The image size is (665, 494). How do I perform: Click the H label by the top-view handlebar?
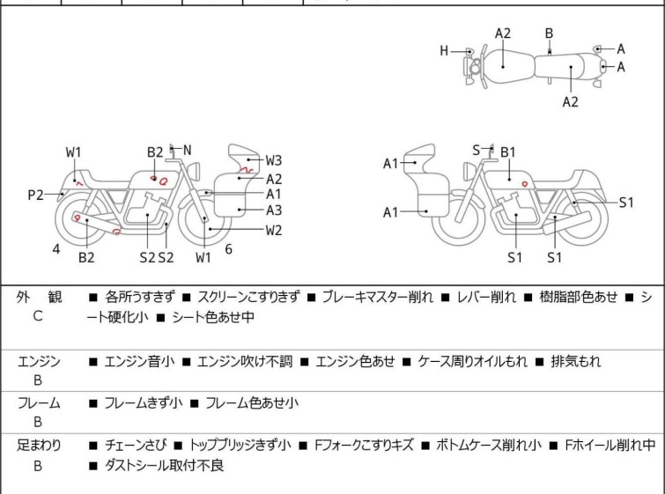pyautogui.click(x=445, y=51)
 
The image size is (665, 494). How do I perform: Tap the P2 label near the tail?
pyautogui.click(x=35, y=195)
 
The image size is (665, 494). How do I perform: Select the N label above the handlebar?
pyautogui.click(x=187, y=151)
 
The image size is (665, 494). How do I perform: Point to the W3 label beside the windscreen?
pyautogui.click(x=274, y=160)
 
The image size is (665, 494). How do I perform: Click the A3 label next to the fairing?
pyautogui.click(x=274, y=210)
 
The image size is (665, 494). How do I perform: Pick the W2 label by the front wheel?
pyautogui.click(x=274, y=231)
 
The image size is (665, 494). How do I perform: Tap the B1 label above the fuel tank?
pyautogui.click(x=508, y=152)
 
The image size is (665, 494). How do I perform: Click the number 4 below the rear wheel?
pyautogui.click(x=56, y=249)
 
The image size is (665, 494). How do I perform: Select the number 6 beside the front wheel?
pyautogui.click(x=228, y=249)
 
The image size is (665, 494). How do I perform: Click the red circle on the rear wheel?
pyautogui.click(x=78, y=218)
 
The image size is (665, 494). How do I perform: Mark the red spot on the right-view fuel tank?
pyautogui.click(x=525, y=184)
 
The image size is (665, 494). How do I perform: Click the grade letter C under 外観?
pyautogui.click(x=38, y=317)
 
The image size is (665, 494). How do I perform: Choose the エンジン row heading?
pyautogui.click(x=39, y=361)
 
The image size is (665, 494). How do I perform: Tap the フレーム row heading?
pyautogui.click(x=39, y=403)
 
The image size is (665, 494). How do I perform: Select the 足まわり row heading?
pyautogui.click(x=39, y=446)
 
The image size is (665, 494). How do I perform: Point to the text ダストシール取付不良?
pyautogui.click(x=164, y=466)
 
